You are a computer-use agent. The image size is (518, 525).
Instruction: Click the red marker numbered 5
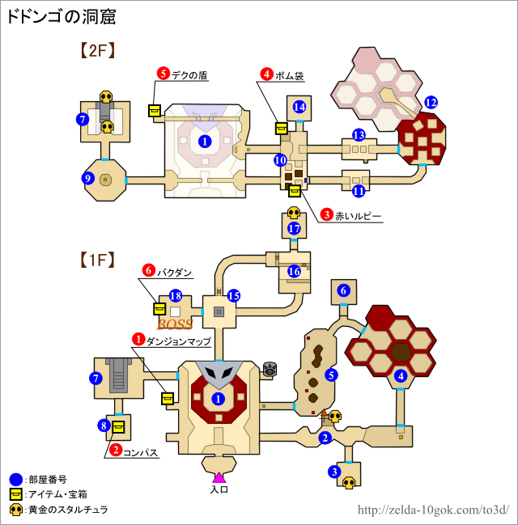pos(163,75)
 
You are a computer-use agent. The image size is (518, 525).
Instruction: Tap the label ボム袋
pos(287,75)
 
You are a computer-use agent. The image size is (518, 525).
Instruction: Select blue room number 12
pos(431,103)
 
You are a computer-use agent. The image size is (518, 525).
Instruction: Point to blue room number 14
pos(299,107)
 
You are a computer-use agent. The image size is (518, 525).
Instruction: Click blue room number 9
pos(88,179)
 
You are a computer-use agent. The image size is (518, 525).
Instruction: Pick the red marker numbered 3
pos(326,215)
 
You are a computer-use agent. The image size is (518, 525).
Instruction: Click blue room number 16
pos(295,272)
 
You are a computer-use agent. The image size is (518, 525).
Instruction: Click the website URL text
pos(432,510)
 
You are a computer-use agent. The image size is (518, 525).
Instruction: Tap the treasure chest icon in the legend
pos(15,494)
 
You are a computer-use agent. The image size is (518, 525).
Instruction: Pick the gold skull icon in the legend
pos(15,510)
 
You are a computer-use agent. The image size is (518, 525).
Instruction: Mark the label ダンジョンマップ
pos(180,341)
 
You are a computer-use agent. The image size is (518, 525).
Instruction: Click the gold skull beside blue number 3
pos(350,483)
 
